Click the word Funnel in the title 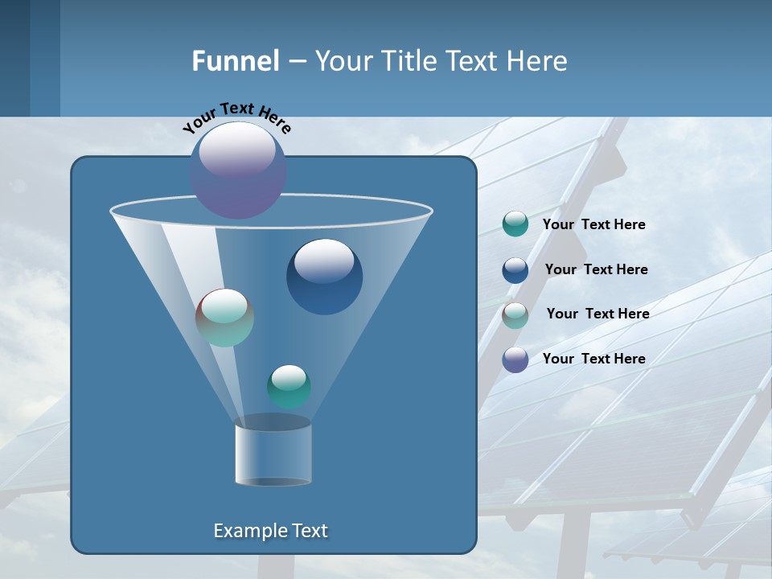tap(235, 61)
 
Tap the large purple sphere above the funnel tap(238, 170)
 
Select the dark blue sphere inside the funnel tap(324, 277)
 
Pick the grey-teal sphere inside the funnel tap(224, 318)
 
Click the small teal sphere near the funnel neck tap(289, 386)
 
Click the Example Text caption tap(270, 531)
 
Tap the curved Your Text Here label tap(237, 117)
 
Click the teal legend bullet tap(515, 224)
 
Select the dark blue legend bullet tap(515, 269)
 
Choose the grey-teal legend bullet tap(515, 314)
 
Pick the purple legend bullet tap(515, 359)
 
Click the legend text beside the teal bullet tap(593, 224)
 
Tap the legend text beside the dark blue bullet tap(596, 269)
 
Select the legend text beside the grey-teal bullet tap(597, 314)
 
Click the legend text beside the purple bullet tap(593, 359)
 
